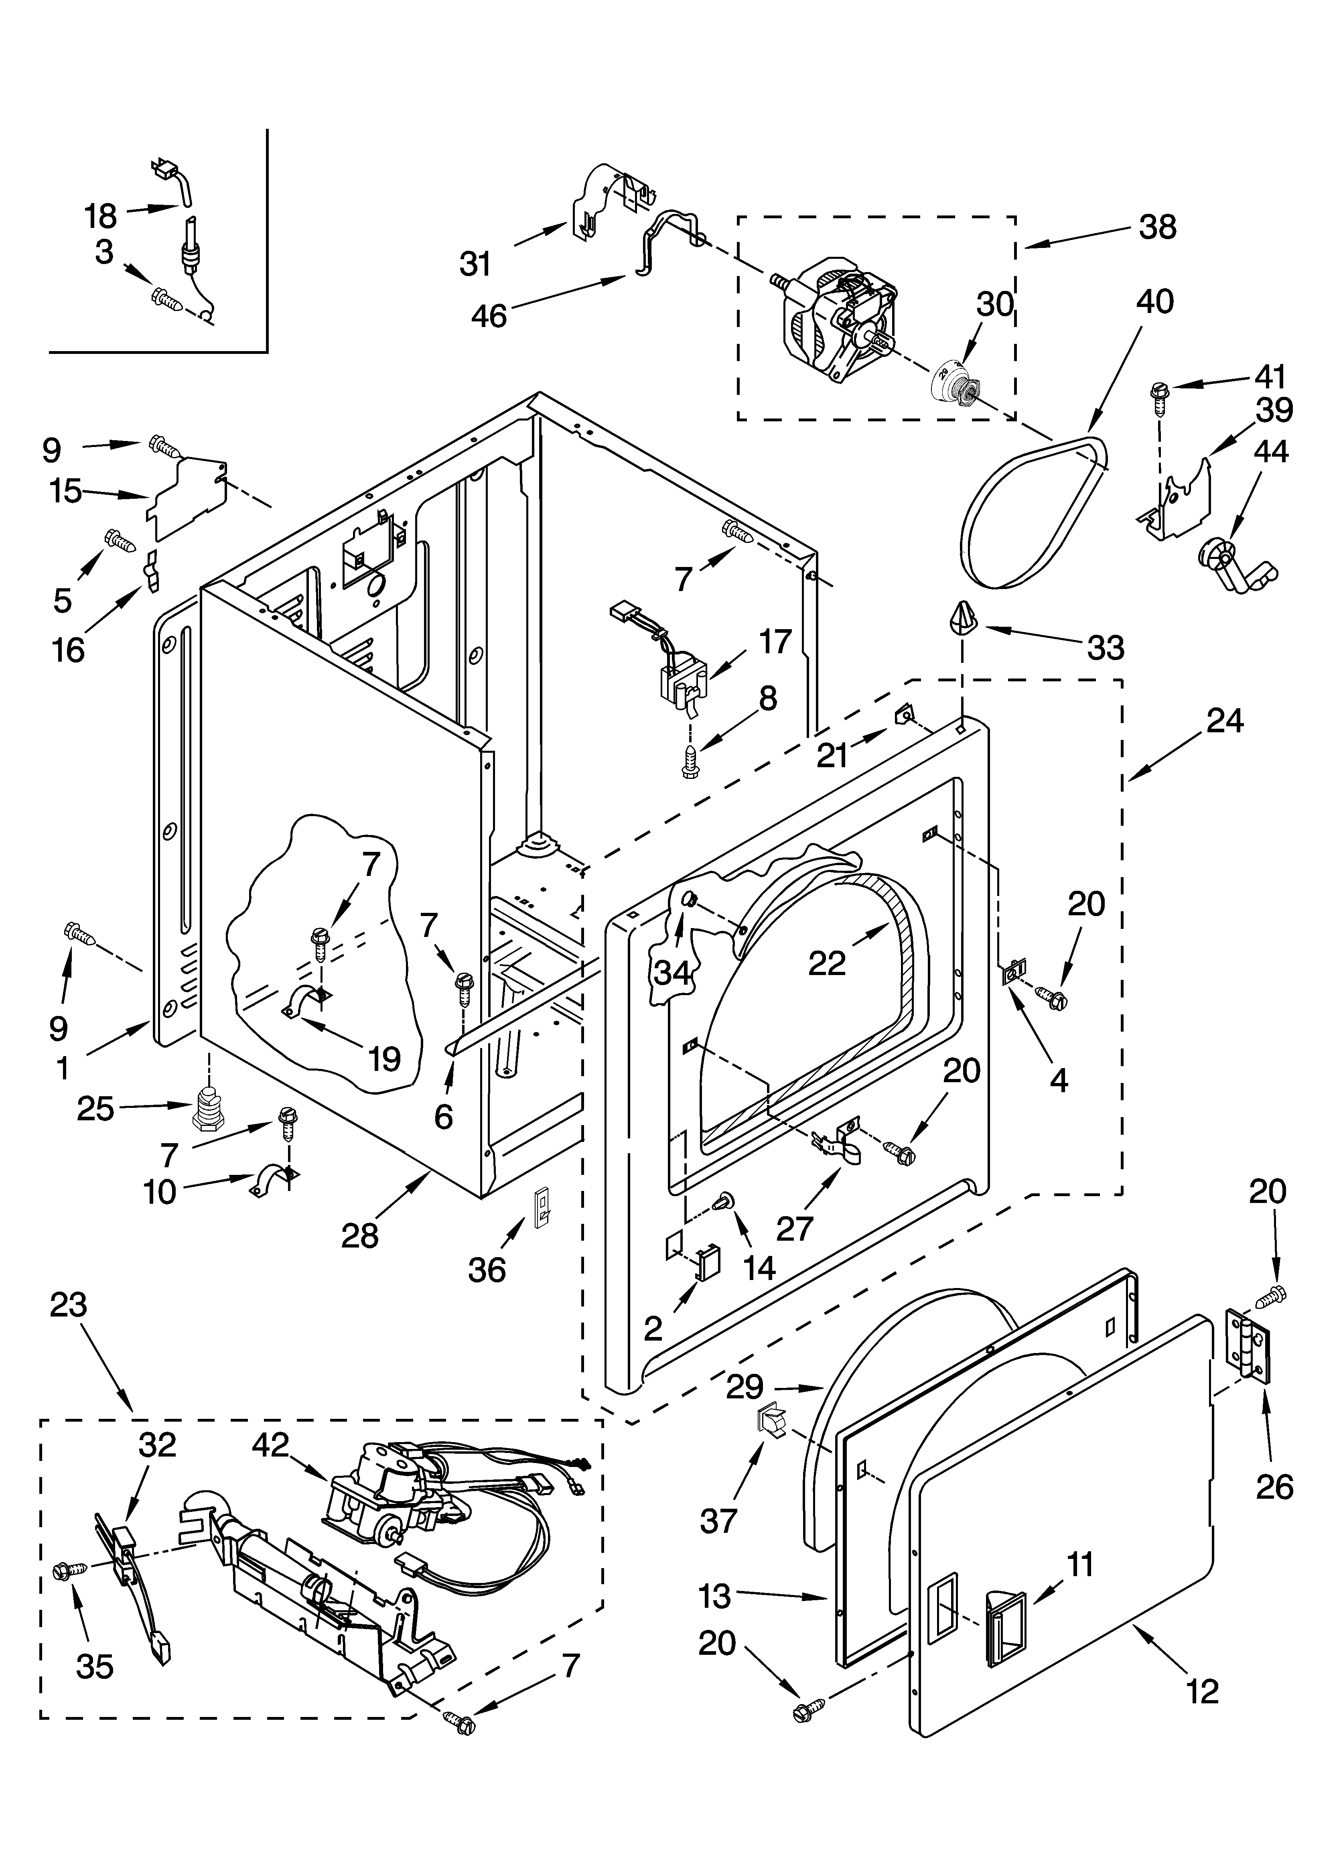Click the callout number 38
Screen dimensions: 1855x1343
point(1157,227)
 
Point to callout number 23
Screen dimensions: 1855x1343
point(68,1305)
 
